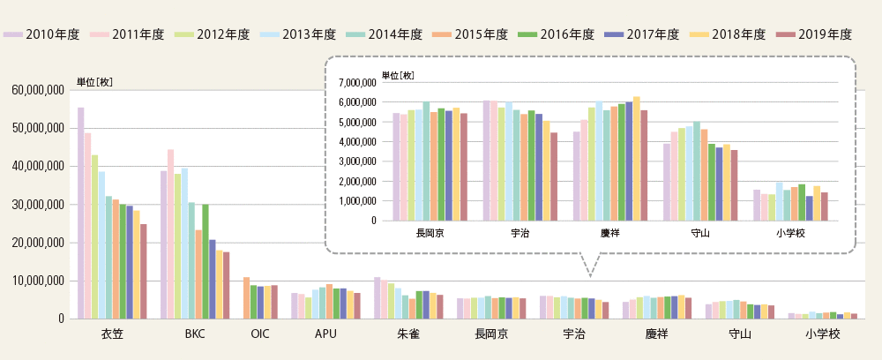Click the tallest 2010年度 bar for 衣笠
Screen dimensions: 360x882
tap(81, 213)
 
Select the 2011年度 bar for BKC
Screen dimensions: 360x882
tap(170, 234)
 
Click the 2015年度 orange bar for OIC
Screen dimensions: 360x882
tap(246, 297)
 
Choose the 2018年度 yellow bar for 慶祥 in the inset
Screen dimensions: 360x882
tap(637, 159)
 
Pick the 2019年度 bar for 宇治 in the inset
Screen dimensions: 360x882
tap(553, 176)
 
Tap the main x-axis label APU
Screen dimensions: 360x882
tap(326, 335)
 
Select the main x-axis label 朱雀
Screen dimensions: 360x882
tap(408, 335)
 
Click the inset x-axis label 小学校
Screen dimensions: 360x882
tap(790, 234)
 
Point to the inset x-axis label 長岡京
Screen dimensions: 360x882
tap(430, 234)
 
